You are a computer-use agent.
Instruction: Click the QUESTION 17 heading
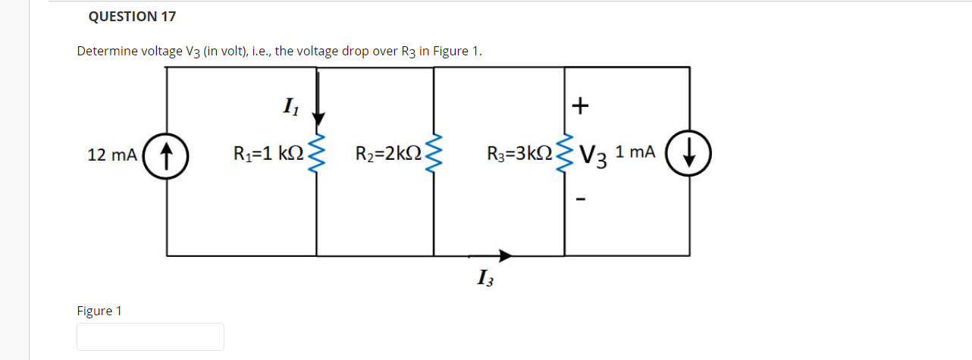pyautogui.click(x=132, y=16)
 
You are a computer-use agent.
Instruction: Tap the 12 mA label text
pyautogui.click(x=112, y=155)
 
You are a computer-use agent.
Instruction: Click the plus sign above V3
pyautogui.click(x=580, y=106)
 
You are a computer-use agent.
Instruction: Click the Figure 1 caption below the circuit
pyautogui.click(x=99, y=311)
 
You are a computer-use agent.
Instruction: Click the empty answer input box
pyautogui.click(x=150, y=337)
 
